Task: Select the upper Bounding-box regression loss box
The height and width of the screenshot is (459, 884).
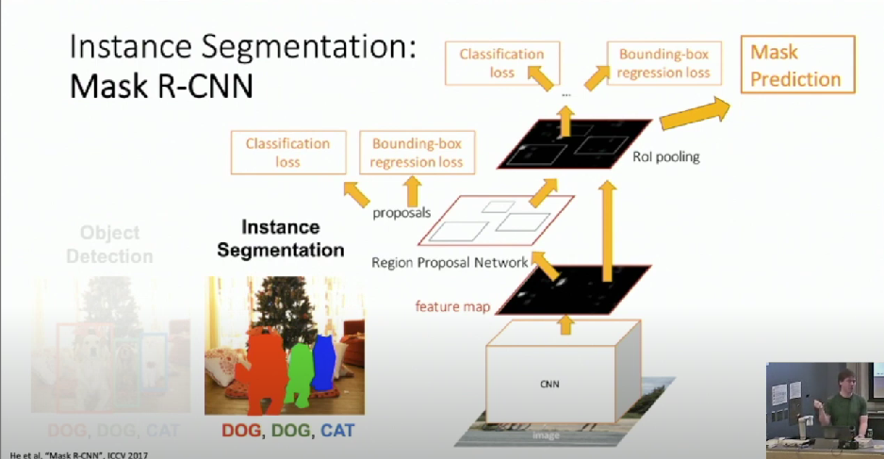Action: tap(663, 64)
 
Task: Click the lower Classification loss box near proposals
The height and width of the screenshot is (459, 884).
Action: tap(287, 153)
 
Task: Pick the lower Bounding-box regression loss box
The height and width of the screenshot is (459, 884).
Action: tap(417, 153)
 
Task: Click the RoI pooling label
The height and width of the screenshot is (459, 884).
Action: tap(667, 156)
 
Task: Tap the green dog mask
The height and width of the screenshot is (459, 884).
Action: tap(299, 370)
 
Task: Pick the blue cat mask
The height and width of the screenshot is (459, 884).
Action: tap(323, 362)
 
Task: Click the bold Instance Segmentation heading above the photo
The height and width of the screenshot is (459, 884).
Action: tap(280, 239)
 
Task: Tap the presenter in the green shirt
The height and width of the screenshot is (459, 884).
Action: tap(843, 405)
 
